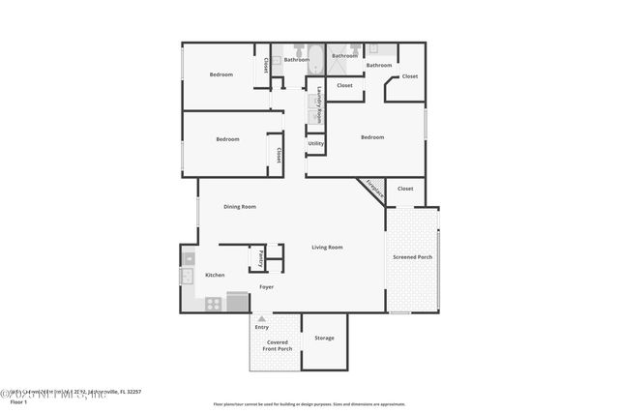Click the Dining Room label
[x=239, y=206]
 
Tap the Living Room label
[x=327, y=248]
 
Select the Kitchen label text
[x=214, y=275]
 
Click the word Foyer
[x=266, y=287]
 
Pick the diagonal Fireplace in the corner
[x=371, y=189]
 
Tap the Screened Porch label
[x=412, y=257]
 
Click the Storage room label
[x=324, y=338]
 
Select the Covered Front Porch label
[x=280, y=344]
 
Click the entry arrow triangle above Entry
[x=261, y=318]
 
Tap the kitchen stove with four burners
[x=213, y=303]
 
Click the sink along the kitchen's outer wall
[x=187, y=278]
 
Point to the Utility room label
[x=315, y=143]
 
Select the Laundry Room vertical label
[x=319, y=103]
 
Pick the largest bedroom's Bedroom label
[x=372, y=137]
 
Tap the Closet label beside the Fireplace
[x=404, y=189]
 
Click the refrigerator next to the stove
[x=237, y=302]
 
